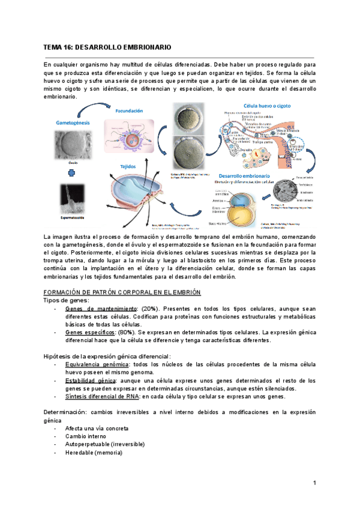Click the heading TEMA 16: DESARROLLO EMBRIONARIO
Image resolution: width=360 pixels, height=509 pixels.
click(107, 46)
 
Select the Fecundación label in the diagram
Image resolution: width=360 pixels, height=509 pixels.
click(129, 111)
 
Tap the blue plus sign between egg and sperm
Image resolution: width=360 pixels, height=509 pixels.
click(73, 173)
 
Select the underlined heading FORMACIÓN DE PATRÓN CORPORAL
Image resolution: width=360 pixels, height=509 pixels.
click(122, 291)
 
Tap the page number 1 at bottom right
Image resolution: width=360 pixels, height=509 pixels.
click(314, 483)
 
